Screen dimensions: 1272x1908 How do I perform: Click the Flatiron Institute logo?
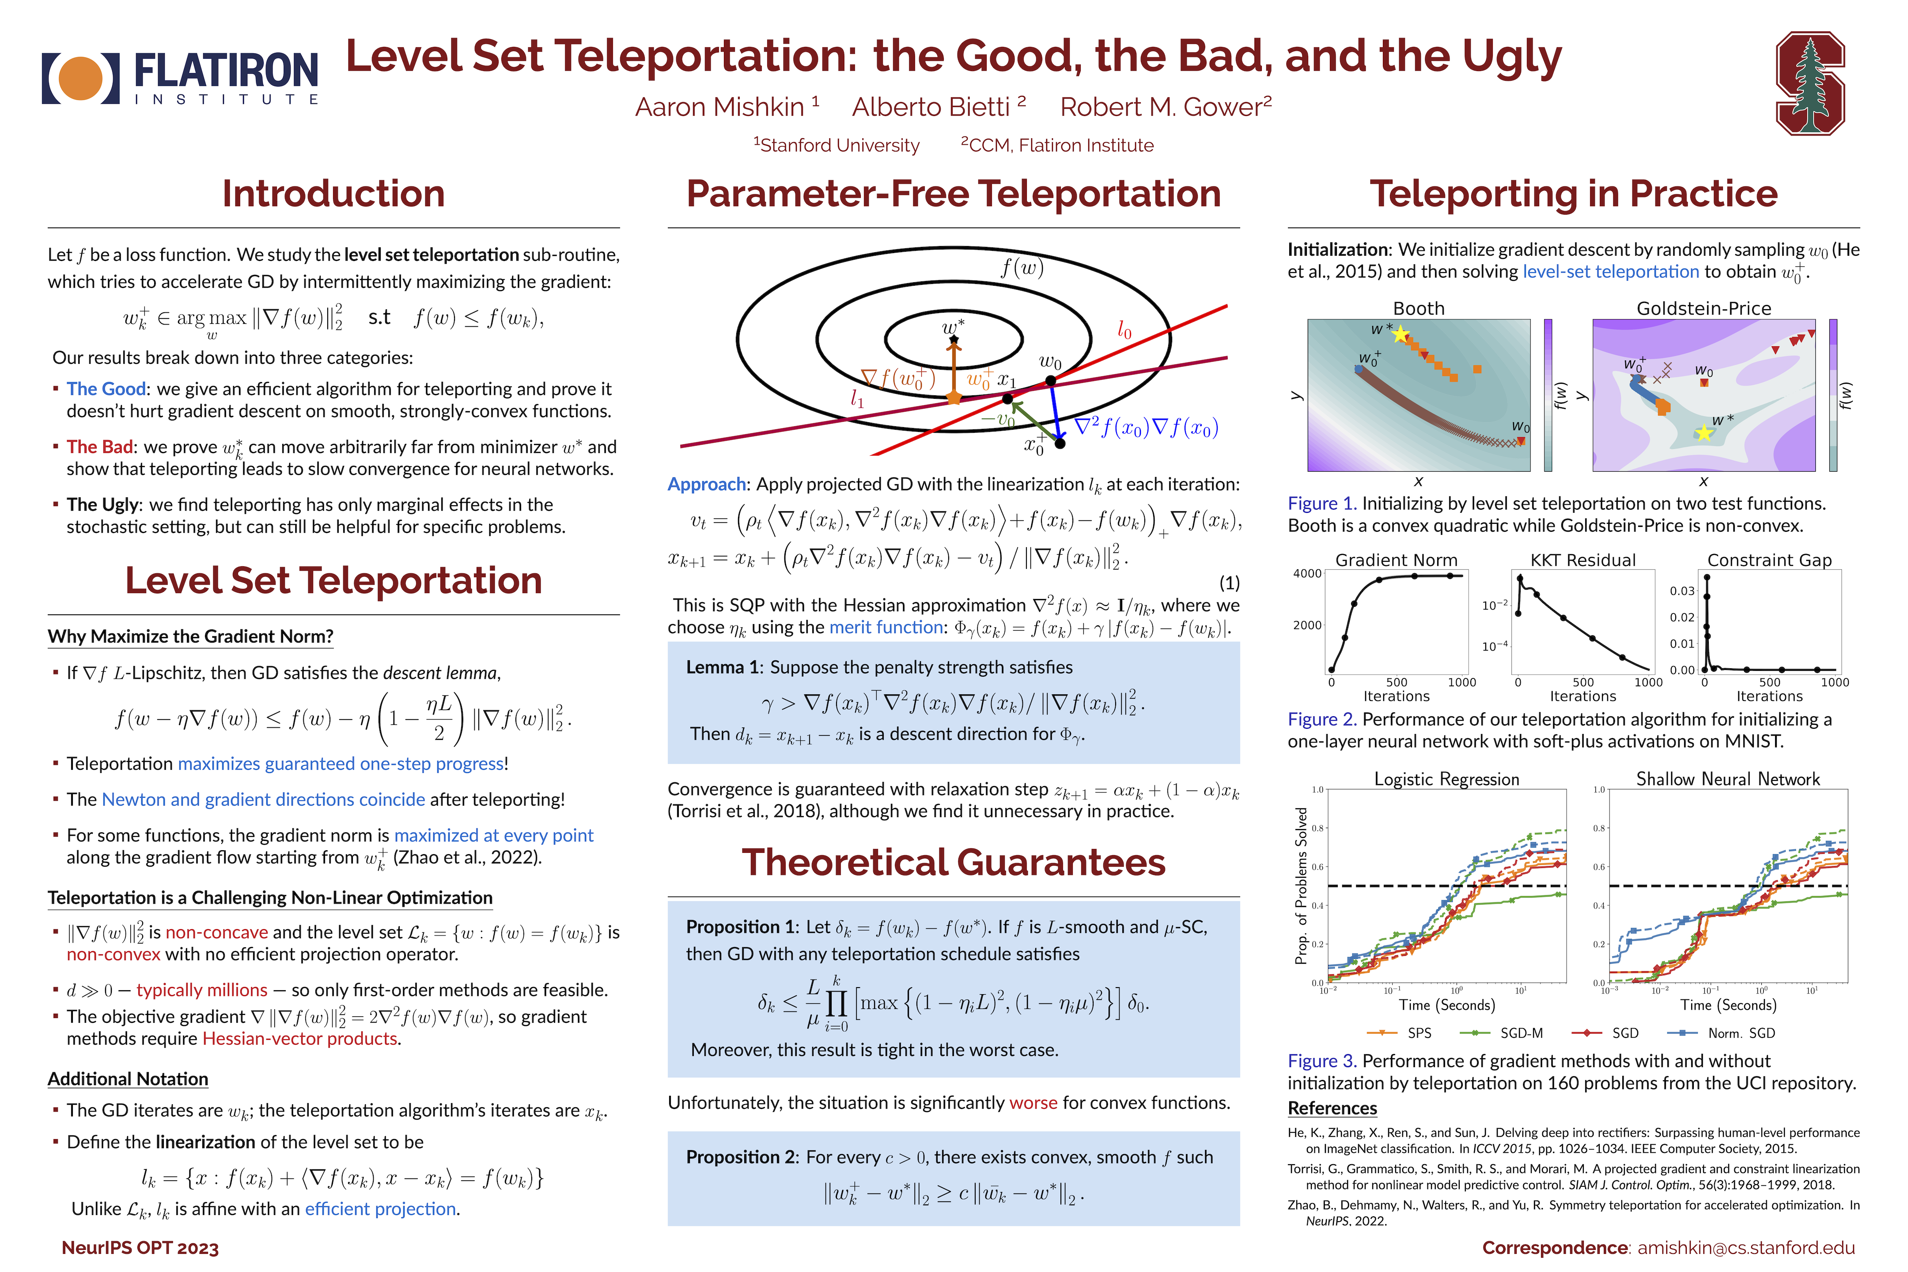pyautogui.click(x=180, y=79)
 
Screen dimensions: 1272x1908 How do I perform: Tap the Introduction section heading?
pyautogui.click(x=333, y=194)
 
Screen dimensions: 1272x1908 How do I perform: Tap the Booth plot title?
pyautogui.click(x=1418, y=308)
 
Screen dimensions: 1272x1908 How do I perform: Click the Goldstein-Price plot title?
pyautogui.click(x=1704, y=308)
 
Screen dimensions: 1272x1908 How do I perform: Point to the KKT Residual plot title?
pyautogui.click(x=1582, y=560)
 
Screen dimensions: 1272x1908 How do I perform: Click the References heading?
pyautogui.click(x=1332, y=1108)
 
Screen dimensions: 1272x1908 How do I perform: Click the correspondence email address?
pyautogui.click(x=1746, y=1248)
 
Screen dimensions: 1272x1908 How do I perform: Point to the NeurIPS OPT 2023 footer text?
pyautogui.click(x=140, y=1248)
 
